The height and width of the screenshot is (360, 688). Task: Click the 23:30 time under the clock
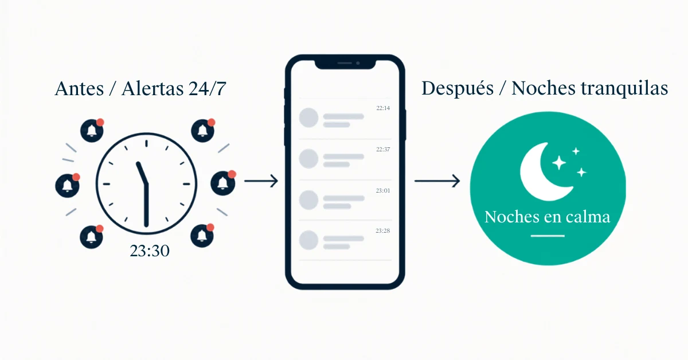(150, 251)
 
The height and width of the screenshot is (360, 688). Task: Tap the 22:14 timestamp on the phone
(383, 108)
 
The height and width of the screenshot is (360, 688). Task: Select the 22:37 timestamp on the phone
(383, 149)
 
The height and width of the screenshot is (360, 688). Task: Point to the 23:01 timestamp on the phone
(383, 190)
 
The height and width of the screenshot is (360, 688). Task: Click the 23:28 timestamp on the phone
(383, 230)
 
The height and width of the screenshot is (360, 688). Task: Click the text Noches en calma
(548, 217)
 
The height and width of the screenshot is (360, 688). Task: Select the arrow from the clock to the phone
(261, 181)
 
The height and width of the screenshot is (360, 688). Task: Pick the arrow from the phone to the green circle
(437, 181)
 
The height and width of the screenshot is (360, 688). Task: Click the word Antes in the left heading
(79, 88)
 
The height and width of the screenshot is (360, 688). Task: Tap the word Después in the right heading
(458, 88)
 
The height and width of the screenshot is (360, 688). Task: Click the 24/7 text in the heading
(208, 88)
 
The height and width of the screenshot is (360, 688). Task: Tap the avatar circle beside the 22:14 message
(308, 118)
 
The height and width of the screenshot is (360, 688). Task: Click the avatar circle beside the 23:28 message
(308, 240)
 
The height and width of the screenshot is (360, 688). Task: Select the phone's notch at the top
(345, 64)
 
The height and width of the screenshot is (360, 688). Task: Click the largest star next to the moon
(559, 162)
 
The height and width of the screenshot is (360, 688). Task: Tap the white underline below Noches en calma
(548, 236)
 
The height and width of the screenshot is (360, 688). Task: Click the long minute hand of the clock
(147, 205)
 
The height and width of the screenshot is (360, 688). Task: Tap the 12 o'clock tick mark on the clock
(147, 143)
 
